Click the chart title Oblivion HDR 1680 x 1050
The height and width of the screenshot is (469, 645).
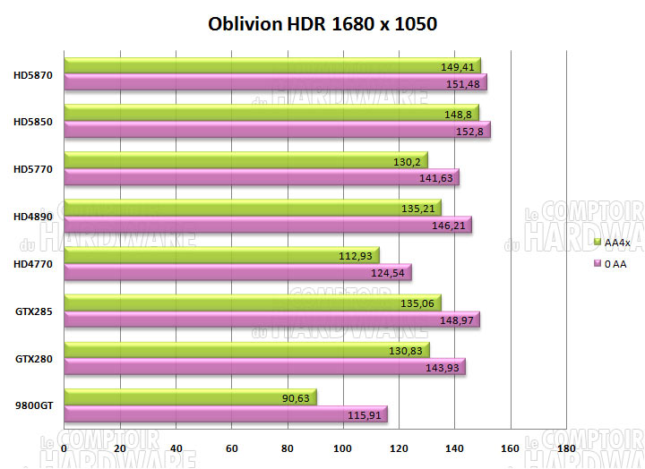pyautogui.click(x=322, y=23)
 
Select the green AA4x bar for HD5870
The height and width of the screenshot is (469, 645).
pyautogui.click(x=269, y=65)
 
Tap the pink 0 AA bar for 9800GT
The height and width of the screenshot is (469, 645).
pyautogui.click(x=224, y=414)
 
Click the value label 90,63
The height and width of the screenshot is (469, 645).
pyautogui.click(x=297, y=398)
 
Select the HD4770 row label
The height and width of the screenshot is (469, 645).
pyautogui.click(x=34, y=263)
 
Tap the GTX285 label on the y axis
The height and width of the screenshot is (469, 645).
pyautogui.click(x=34, y=311)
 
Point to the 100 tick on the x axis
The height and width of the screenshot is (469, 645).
pyautogui.click(x=343, y=447)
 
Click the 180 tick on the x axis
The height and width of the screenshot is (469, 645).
pyautogui.click(x=566, y=447)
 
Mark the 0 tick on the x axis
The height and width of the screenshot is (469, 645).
pyautogui.click(x=64, y=447)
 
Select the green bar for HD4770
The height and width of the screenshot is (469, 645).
pyautogui.click(x=219, y=255)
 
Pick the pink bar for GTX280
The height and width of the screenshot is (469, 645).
pyautogui.click(x=264, y=367)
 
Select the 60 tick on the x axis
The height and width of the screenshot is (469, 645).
pyautogui.click(x=232, y=447)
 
